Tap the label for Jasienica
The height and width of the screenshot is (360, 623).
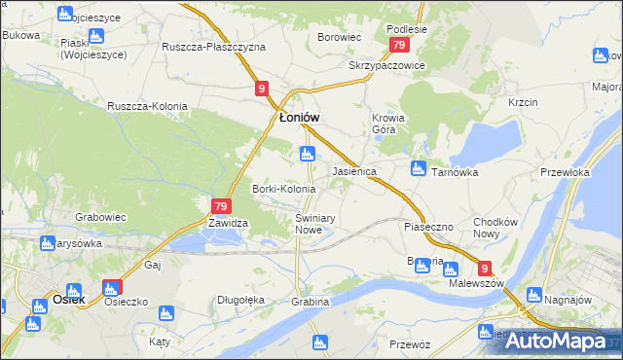(x=354, y=170)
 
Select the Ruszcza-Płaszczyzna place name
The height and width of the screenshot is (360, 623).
(x=213, y=47)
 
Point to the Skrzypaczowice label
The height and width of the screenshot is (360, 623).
(x=387, y=66)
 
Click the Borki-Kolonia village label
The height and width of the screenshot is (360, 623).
(x=283, y=188)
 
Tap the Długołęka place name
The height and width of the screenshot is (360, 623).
(x=241, y=301)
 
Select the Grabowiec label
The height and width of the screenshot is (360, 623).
(x=101, y=218)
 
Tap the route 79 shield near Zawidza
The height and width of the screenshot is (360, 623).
(x=220, y=205)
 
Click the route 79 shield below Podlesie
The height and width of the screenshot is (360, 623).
(x=398, y=46)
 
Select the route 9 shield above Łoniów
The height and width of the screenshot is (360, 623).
(x=262, y=89)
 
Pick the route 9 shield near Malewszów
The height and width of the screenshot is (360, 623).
(x=484, y=269)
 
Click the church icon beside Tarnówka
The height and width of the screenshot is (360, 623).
(x=419, y=168)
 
